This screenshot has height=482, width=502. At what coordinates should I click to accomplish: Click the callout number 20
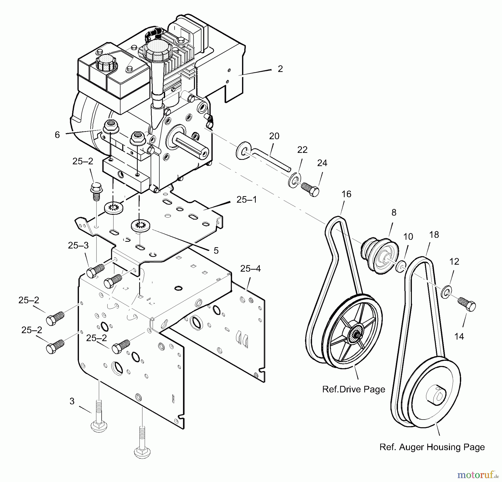pos(274,136)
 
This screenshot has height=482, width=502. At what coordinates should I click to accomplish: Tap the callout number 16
pos(346,194)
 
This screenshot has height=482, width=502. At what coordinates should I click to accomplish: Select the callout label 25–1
pos(247,200)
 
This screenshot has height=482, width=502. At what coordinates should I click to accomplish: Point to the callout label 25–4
pos(250,269)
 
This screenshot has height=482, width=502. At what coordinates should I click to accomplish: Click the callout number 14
pos(459,337)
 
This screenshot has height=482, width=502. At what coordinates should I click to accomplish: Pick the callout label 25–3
pos(78,245)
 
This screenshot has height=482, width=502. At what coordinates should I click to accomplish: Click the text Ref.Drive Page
pos(354,389)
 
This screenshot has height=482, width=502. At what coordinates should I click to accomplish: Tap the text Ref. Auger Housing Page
pos(432,447)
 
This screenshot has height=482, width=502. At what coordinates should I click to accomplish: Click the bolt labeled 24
pos(310,189)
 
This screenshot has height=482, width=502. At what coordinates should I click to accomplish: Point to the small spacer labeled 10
pos(400,266)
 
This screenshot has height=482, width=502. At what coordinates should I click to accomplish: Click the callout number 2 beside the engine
pos(280,69)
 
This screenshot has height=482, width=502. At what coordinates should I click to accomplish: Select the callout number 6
pos(57,135)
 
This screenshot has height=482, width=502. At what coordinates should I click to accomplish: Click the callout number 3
pos(72,401)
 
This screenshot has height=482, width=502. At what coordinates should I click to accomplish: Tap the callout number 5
pos(216,250)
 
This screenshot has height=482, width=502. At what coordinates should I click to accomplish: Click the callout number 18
pos(434,235)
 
